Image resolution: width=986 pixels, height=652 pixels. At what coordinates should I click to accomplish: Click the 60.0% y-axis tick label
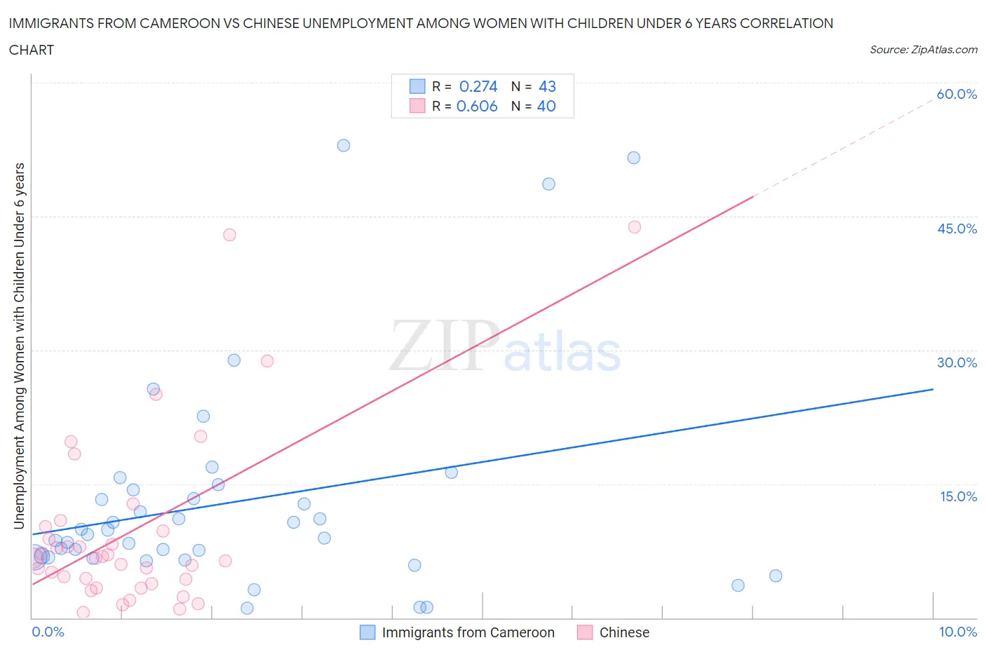coord(957,94)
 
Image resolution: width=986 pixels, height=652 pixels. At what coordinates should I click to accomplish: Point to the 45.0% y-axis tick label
coord(957,229)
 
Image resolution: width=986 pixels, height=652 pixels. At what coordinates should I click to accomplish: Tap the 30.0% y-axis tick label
coord(957,362)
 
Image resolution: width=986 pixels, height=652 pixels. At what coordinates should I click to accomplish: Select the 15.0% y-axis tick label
coord(958,496)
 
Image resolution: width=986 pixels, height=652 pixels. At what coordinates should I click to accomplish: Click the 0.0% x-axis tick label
coord(48,632)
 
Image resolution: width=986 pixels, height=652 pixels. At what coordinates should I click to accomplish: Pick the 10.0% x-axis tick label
coord(958,632)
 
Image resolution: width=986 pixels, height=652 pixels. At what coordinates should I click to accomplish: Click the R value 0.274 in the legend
coord(478,86)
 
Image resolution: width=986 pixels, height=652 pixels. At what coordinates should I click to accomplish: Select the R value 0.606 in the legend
coord(477,106)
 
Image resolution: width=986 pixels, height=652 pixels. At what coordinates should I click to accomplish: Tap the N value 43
coord(547,86)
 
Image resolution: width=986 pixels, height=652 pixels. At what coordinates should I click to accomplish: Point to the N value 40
coord(546,106)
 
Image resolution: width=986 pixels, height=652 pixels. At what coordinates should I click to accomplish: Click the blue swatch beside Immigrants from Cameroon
coord(367,632)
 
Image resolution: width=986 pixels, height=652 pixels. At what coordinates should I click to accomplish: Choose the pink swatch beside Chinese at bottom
coord(585,632)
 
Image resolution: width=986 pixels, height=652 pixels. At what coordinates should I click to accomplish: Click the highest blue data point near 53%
coord(344,145)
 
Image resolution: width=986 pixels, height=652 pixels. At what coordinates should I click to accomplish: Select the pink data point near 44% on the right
coord(635,226)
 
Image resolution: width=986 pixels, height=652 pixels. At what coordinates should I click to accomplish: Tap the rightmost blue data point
coord(776,576)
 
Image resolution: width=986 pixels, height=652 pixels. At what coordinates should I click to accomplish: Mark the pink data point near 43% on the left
coord(229,235)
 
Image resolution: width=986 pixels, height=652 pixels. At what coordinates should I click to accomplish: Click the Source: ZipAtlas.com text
coord(923,50)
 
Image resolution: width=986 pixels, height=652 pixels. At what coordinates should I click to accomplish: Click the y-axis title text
coord(19,346)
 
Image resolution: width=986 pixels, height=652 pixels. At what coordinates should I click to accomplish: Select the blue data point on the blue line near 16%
coord(452,472)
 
